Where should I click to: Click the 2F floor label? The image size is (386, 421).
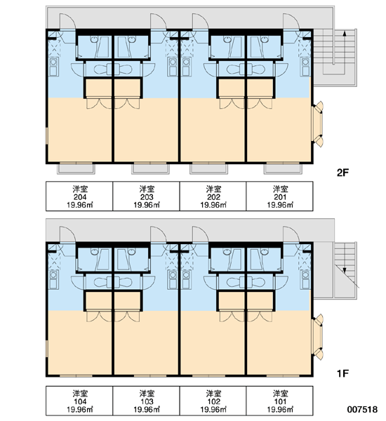pos(342,173)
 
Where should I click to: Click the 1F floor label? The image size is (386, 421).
pos(342,373)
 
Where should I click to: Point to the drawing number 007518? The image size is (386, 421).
pos(362,409)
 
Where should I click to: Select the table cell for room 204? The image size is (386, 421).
pos(79,196)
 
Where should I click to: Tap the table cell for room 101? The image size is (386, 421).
pos(279,401)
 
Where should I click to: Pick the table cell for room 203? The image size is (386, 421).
pos(146,196)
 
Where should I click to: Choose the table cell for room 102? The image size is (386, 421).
pos(213,401)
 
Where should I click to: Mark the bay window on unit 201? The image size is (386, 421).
pos(317,124)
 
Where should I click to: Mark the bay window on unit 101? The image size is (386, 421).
pos(317,337)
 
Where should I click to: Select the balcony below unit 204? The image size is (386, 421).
pos(76,168)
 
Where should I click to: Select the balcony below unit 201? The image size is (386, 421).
pos(283,168)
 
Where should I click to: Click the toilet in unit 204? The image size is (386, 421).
pos(101,69)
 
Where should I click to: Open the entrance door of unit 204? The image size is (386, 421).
pos(67,22)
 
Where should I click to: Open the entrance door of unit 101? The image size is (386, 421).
pos(291,234)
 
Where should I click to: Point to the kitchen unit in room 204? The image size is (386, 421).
pos(53,67)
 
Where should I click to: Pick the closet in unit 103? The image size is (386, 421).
pos(127,300)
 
